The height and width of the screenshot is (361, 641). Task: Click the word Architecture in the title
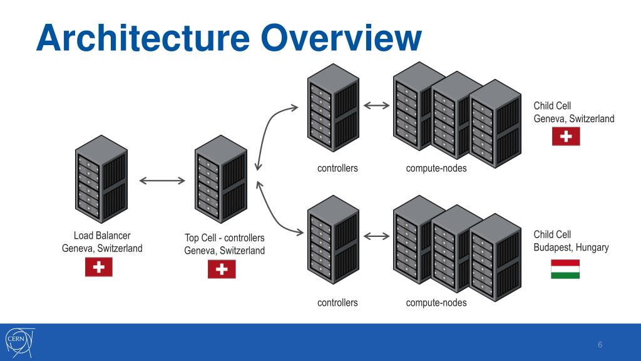(143, 38)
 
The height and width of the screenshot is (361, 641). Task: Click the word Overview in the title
(341, 38)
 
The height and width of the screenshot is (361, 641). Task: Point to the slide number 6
(600, 345)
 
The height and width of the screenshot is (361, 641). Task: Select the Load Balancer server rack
(101, 179)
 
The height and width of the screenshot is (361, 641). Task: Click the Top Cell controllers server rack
(221, 179)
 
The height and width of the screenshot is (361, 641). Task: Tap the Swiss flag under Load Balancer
(99, 267)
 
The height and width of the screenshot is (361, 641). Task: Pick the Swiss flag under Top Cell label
(222, 269)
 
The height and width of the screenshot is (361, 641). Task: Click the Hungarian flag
(565, 269)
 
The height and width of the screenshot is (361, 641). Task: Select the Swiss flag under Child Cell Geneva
(566, 136)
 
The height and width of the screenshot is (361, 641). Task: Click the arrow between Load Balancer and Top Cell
(162, 180)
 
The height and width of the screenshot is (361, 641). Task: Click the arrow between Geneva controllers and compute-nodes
(376, 105)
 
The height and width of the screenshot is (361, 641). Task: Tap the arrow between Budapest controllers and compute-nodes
(376, 236)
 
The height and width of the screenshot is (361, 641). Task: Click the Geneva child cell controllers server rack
(333, 108)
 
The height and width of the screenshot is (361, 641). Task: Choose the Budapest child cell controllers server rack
(333, 239)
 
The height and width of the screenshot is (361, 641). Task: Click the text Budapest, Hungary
(571, 248)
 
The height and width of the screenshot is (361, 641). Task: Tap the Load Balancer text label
(102, 236)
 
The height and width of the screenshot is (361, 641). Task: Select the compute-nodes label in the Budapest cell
(436, 303)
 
